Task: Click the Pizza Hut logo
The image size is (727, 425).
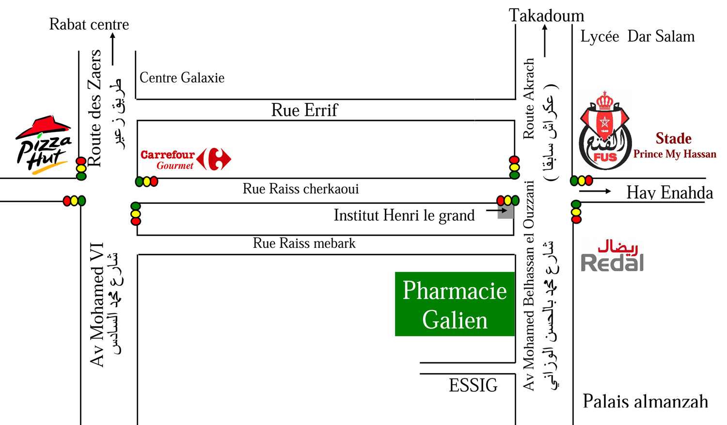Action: [x=43, y=145]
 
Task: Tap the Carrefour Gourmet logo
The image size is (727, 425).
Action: [x=186, y=159]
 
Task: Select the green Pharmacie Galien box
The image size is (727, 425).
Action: [x=455, y=304]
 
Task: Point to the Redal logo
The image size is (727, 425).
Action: [x=612, y=256]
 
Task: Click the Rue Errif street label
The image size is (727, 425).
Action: [x=304, y=110]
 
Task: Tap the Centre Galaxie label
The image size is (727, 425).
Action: [x=182, y=78]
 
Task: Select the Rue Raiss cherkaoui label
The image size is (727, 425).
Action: [x=301, y=189]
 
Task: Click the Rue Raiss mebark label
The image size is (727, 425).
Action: [x=304, y=243]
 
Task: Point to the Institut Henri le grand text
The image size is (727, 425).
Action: [x=404, y=215]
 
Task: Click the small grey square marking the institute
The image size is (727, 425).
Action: [x=506, y=212]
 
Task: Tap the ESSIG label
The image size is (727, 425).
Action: [x=473, y=385]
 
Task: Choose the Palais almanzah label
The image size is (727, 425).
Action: [x=645, y=401]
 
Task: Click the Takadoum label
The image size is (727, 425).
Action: [x=546, y=15]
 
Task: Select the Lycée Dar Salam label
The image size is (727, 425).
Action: [x=637, y=36]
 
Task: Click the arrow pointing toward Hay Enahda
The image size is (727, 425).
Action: [x=595, y=191]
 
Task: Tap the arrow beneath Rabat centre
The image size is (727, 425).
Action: [x=112, y=49]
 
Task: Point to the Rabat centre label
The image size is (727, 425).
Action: [x=89, y=24]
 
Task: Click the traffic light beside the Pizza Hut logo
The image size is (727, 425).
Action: [x=81, y=169]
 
